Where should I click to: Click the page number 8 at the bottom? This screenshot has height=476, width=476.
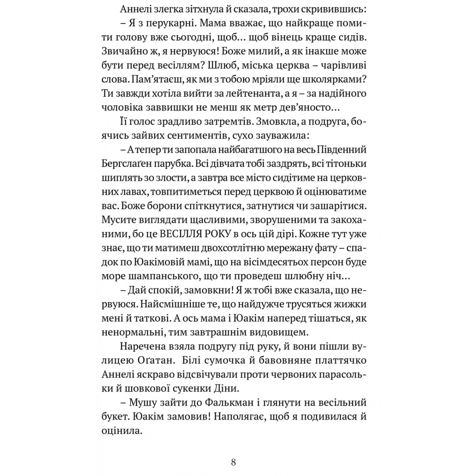tap(233, 462)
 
